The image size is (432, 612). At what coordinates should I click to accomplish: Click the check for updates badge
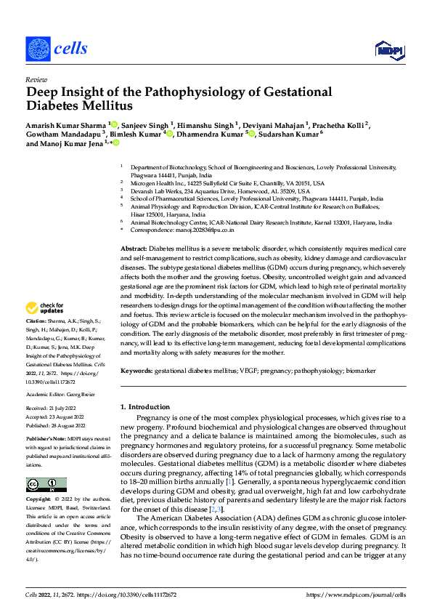(45, 309)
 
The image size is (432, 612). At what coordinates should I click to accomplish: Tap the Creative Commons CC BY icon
(46, 485)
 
